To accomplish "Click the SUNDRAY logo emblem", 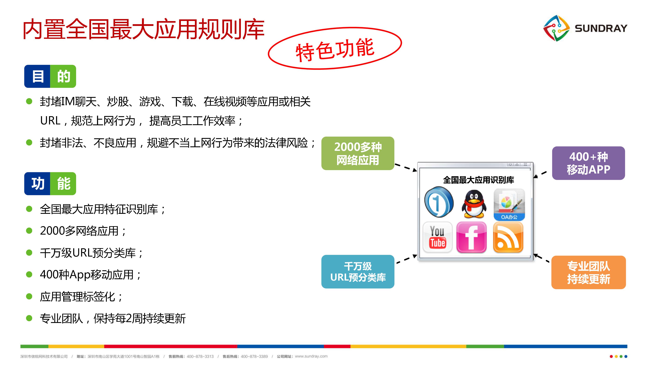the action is click(x=556, y=28).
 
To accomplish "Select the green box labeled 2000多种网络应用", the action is click(x=358, y=153).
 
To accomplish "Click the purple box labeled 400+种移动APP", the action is click(x=588, y=163).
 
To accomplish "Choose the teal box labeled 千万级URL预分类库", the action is click(x=358, y=272).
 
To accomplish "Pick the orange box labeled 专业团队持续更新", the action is click(x=588, y=272).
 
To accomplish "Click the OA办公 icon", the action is click(x=509, y=204).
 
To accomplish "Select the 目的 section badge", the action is click(x=50, y=76).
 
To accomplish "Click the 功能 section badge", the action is click(x=50, y=183).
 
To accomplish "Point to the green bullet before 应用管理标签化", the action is click(x=29, y=296).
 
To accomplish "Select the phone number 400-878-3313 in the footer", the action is click(x=200, y=356).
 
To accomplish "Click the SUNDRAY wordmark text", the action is click(x=601, y=28).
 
